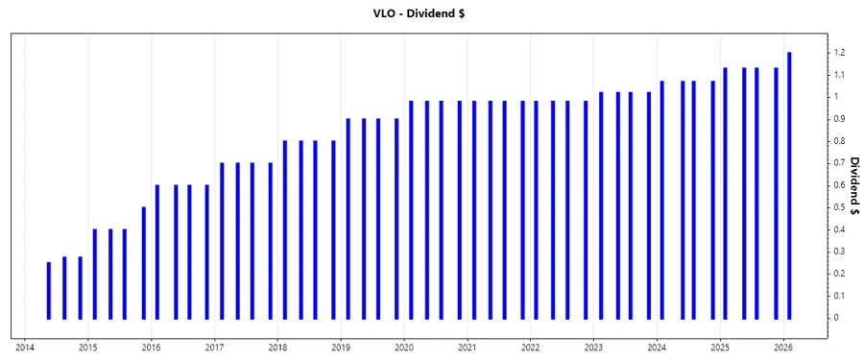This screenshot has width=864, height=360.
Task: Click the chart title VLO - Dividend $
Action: (x=432, y=13)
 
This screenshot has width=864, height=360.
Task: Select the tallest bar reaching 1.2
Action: (x=789, y=185)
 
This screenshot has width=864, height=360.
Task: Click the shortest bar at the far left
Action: (x=48, y=290)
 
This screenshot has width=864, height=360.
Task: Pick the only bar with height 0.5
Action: (x=143, y=262)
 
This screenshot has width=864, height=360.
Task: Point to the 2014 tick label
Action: (x=25, y=348)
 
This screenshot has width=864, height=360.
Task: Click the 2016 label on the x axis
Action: (x=152, y=348)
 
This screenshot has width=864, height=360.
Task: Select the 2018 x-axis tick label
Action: (x=277, y=348)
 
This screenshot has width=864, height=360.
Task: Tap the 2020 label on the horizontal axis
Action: (x=404, y=348)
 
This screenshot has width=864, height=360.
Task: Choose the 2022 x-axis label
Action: (x=531, y=348)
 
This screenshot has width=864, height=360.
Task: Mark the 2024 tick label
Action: (x=657, y=348)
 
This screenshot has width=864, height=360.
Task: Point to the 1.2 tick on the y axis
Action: (x=839, y=53)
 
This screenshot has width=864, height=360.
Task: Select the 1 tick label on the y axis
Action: (x=836, y=97)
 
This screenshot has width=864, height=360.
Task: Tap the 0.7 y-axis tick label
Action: (x=839, y=163)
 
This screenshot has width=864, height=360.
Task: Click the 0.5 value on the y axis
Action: (x=839, y=207)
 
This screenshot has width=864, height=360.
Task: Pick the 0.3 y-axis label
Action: (x=839, y=252)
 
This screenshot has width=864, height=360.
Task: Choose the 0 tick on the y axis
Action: (x=836, y=318)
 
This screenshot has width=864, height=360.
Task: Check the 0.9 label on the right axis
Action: (x=839, y=119)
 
